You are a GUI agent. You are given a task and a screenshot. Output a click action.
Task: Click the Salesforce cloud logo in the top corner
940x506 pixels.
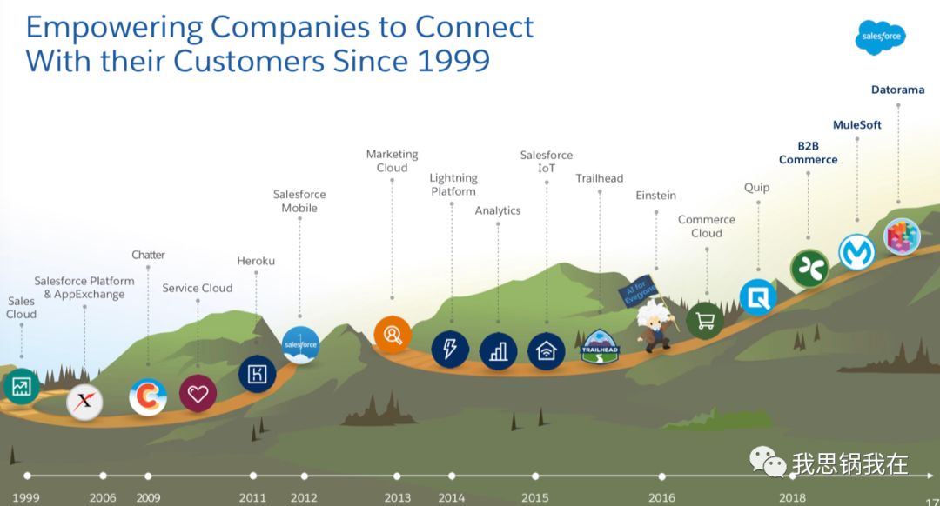click(880, 37)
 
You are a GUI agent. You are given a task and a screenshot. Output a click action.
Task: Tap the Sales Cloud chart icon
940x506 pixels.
click(21, 387)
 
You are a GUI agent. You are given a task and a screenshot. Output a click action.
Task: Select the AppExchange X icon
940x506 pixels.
click(84, 402)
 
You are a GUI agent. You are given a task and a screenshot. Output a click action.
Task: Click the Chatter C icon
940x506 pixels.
click(148, 397)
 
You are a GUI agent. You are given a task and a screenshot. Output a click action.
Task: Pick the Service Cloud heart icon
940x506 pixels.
click(198, 393)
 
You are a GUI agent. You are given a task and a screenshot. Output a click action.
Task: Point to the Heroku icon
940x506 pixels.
click(257, 374)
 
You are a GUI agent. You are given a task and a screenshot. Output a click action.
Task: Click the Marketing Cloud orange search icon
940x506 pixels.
click(393, 335)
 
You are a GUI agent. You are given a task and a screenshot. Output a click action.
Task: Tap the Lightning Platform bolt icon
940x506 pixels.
click(450, 350)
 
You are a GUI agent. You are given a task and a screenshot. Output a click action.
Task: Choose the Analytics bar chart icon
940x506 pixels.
click(498, 350)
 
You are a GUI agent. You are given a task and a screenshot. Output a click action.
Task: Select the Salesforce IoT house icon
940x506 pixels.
click(547, 350)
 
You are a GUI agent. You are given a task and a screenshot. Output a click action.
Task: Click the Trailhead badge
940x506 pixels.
click(600, 346)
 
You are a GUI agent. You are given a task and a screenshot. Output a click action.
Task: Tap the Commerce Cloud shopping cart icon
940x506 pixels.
click(705, 321)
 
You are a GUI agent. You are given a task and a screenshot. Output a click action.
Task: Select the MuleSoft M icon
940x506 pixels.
click(856, 252)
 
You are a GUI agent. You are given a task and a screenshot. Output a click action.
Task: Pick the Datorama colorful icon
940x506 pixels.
click(902, 236)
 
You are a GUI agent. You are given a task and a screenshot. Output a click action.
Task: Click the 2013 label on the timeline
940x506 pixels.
click(397, 498)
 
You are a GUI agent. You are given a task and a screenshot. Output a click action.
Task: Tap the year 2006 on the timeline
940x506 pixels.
click(103, 498)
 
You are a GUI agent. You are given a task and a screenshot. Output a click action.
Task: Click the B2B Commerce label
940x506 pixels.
click(808, 153)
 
